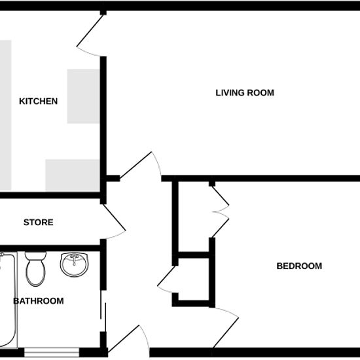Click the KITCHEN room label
pyautogui.click(x=39, y=101)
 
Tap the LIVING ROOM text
pyautogui.click(x=245, y=93)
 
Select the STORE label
pyautogui.click(x=39, y=223)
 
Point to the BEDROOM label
pyautogui.click(x=299, y=266)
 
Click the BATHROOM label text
pyautogui.click(x=39, y=301)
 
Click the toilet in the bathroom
pyautogui.click(x=35, y=269)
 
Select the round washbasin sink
pyautogui.click(x=75, y=264)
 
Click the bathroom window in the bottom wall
pyautogui.click(x=52, y=352)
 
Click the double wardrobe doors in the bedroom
pyautogui.click(x=220, y=211)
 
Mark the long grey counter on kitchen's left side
pyautogui.click(x=5, y=115)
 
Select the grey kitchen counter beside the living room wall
pyautogui.click(x=83, y=96)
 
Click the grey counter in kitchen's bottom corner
pyautogui.click(x=73, y=175)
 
